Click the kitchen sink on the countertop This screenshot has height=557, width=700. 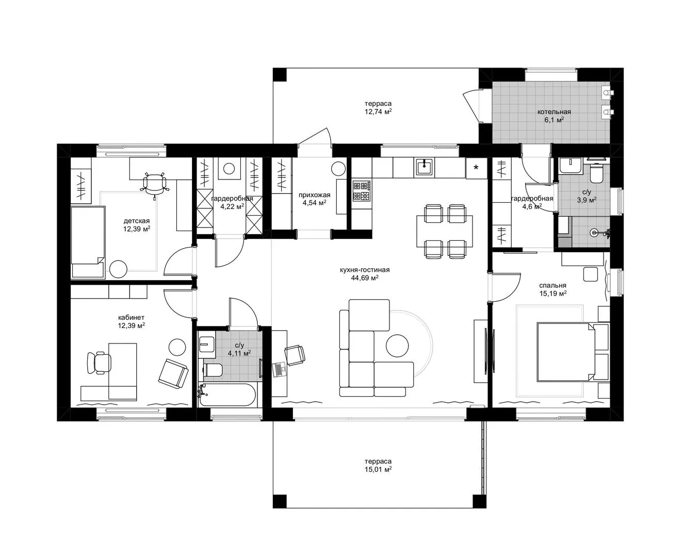(424, 168)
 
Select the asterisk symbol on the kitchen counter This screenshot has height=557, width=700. (476, 168)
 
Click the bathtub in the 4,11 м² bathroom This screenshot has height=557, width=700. (227, 395)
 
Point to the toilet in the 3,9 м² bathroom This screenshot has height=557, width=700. (596, 173)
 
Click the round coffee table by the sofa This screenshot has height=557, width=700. (397, 346)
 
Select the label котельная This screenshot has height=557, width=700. (554, 112)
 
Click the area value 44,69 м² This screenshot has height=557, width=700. (365, 278)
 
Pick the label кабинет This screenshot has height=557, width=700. (131, 317)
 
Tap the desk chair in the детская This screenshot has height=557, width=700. (154, 184)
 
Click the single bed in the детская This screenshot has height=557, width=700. (88, 242)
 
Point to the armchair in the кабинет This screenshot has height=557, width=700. (173, 373)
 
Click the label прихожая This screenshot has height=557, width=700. (314, 195)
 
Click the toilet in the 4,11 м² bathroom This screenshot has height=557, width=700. (213, 370)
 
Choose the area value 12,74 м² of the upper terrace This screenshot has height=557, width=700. (378, 112)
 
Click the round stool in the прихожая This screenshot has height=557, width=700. (338, 169)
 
